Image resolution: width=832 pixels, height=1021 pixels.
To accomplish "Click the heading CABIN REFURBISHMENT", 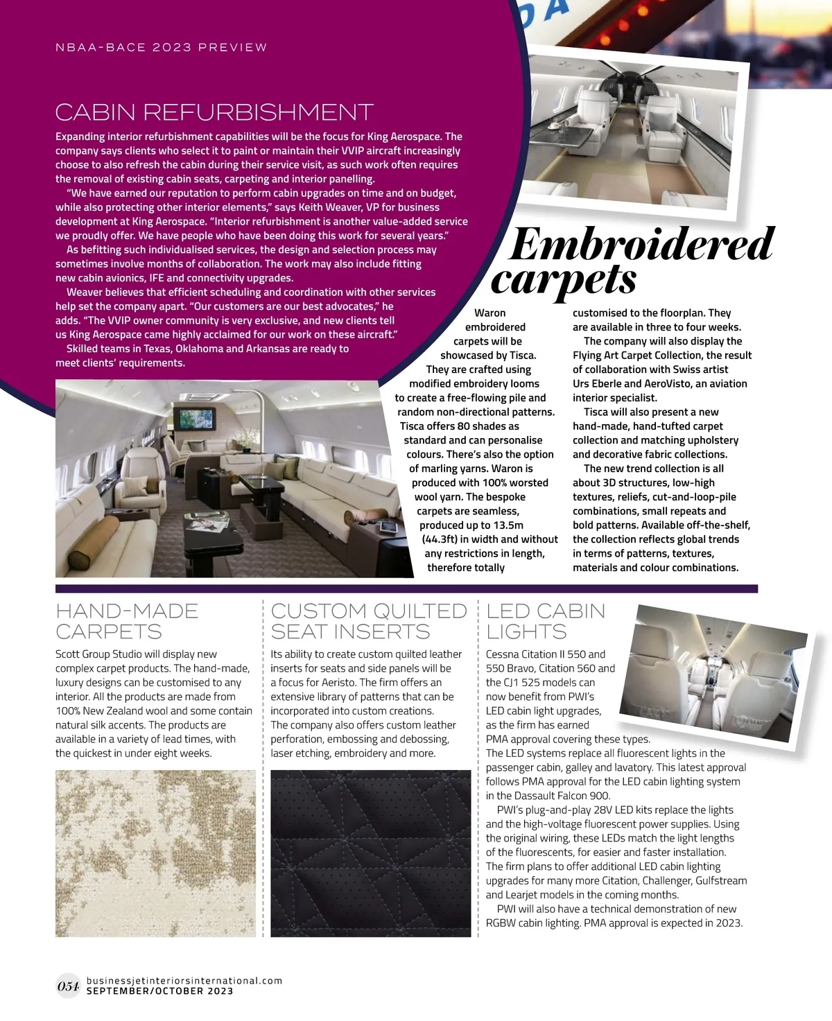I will tap(214, 112).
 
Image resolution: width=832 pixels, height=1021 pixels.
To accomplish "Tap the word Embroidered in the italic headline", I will tap(641, 244).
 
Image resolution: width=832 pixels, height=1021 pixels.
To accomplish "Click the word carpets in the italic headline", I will tap(563, 279).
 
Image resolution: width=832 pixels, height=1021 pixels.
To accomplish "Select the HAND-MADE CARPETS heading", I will tap(127, 621).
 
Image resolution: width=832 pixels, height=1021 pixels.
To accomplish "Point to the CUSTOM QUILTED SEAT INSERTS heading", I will tap(369, 621).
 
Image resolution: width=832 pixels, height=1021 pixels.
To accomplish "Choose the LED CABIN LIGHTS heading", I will tap(546, 621).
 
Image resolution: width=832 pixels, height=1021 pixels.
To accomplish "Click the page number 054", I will tap(68, 986).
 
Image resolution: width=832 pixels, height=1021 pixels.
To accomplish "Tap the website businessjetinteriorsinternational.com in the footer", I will tap(184, 981).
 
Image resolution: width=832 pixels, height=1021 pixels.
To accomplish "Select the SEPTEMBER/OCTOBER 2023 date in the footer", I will tap(159, 991).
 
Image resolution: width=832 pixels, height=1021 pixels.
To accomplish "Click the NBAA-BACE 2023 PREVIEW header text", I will tap(161, 48).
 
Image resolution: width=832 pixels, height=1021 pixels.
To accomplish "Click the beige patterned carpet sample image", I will tap(155, 853).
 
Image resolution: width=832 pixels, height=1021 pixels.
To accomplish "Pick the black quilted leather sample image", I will tap(370, 853).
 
